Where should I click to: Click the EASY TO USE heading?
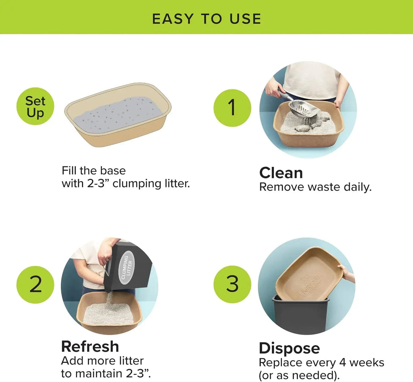[x=206, y=19]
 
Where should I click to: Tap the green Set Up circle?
[x=35, y=107]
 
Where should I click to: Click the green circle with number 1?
[x=232, y=108]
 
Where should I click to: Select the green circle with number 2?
[x=35, y=284]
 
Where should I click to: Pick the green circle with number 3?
[x=232, y=284]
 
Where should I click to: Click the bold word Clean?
[x=281, y=173]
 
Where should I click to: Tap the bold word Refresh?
[x=90, y=347]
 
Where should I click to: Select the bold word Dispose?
[x=289, y=348]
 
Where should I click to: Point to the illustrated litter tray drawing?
[x=118, y=115]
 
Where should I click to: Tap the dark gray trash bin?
[x=300, y=316]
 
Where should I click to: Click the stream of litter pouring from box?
[x=108, y=300]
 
